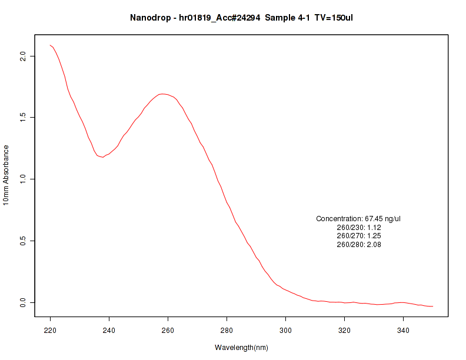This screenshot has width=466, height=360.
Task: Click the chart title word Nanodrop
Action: pyautogui.click(x=148, y=18)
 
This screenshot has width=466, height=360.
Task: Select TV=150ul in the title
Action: pyautogui.click(x=334, y=18)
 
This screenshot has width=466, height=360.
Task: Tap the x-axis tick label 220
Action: pyautogui.click(x=50, y=331)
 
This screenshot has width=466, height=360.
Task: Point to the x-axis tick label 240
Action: pyautogui.click(x=109, y=331)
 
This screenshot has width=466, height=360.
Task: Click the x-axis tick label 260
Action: pyautogui.click(x=168, y=331)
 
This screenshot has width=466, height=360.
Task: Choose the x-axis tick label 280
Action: pyautogui.click(x=227, y=331)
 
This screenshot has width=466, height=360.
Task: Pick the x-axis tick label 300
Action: pyautogui.click(x=285, y=331)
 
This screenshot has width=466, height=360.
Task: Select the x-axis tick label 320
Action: pyautogui.click(x=344, y=331)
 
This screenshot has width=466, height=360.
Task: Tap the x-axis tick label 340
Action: pyautogui.click(x=403, y=331)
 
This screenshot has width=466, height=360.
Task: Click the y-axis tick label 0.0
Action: pyautogui.click(x=24, y=302)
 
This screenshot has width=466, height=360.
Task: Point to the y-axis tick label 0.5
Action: pyautogui.click(x=24, y=241)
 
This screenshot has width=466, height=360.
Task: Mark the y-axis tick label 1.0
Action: pyautogui.click(x=24, y=179)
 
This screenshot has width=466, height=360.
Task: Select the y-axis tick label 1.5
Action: pyautogui.click(x=24, y=117)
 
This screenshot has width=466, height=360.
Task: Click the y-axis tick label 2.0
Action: pyautogui.click(x=24, y=56)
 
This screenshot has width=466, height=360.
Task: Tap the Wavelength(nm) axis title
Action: pyautogui.click(x=241, y=348)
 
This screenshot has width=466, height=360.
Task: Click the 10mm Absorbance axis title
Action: pyautogui.click(x=6, y=175)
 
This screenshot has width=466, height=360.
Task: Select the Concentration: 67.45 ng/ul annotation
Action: pyautogui.click(x=358, y=219)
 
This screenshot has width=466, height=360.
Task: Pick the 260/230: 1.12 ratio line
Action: pyautogui.click(x=358, y=228)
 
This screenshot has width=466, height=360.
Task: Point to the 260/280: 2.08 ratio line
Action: pyautogui.click(x=358, y=245)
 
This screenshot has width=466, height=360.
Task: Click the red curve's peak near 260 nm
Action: pyautogui.click(x=163, y=94)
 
